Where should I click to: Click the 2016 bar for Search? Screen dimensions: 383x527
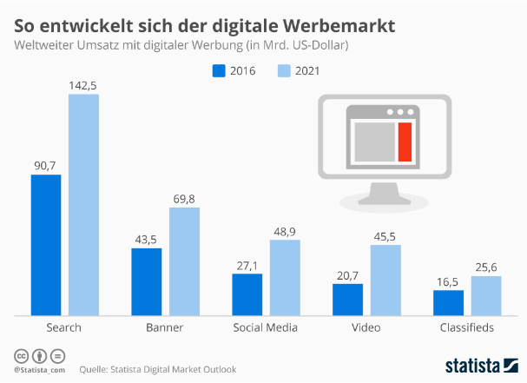[x=46, y=245]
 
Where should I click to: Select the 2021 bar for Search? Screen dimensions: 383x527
[x=83, y=204]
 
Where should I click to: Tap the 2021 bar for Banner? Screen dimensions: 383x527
[x=184, y=261]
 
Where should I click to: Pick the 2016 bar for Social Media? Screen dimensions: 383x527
[x=247, y=294]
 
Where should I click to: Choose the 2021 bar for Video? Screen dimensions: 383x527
[x=385, y=280]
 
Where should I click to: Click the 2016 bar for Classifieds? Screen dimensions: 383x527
[x=448, y=302]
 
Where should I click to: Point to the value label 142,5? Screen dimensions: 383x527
[x=83, y=85]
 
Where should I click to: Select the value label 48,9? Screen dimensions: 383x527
[x=285, y=230]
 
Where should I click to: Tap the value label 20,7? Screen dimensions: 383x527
[x=347, y=274]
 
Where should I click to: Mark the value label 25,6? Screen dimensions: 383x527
[x=486, y=267]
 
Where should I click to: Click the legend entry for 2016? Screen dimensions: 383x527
[x=234, y=71]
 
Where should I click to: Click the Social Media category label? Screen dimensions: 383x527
[x=266, y=327]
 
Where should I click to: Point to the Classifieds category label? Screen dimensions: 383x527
[x=466, y=327]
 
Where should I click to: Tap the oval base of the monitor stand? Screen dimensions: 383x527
[x=382, y=202]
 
